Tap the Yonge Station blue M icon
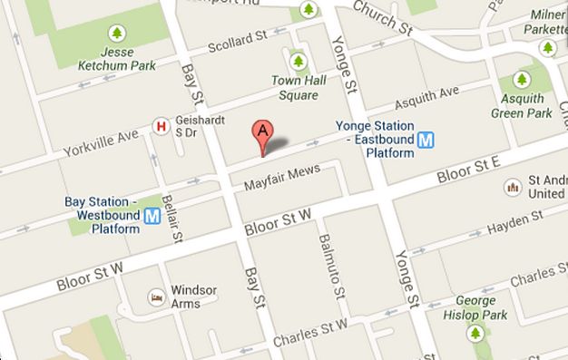tap(426, 141)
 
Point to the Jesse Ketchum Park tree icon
tap(115, 34)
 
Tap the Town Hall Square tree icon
tap(298, 62)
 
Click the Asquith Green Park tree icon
tap(522, 81)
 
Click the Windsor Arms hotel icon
tap(156, 297)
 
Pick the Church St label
tap(380, 13)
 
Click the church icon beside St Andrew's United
tap(513, 188)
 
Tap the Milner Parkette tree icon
tap(548, 47)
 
